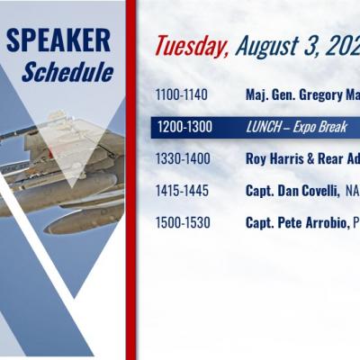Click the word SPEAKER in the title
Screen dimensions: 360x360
click(58, 40)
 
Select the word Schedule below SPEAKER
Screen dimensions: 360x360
click(67, 72)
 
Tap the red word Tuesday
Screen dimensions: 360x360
click(192, 46)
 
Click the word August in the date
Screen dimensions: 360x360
click(265, 47)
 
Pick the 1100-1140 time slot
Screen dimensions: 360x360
click(182, 94)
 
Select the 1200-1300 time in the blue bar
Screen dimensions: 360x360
click(184, 127)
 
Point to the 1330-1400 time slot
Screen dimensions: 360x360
click(183, 158)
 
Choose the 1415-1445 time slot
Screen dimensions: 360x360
click(182, 191)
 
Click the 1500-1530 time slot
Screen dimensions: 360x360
click(183, 222)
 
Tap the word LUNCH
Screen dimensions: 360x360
click(264, 127)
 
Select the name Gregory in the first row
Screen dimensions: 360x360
click(317, 95)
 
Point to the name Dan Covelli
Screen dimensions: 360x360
click(309, 191)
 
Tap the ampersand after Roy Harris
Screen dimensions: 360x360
click(310, 159)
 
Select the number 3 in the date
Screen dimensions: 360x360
click(310, 46)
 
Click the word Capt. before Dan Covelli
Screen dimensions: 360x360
click(260, 191)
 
